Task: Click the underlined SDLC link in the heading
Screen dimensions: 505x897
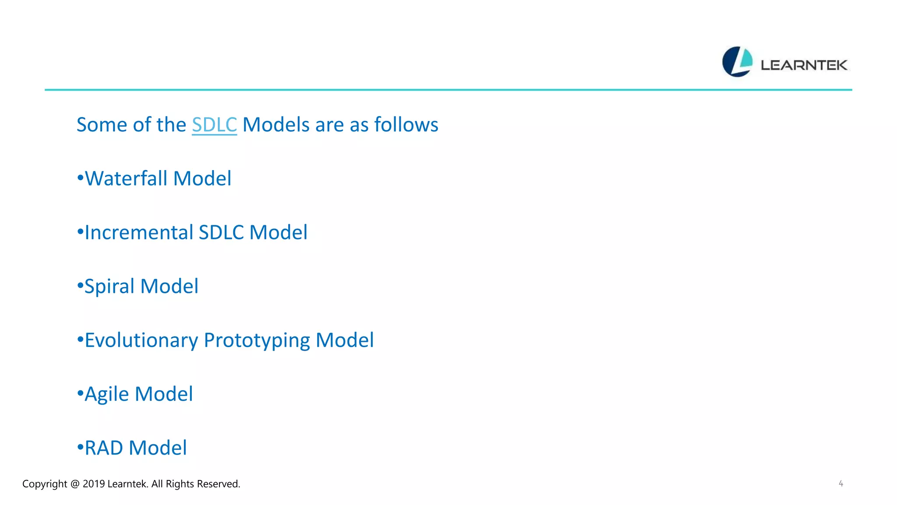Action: (214, 125)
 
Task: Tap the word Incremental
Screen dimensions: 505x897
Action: (139, 233)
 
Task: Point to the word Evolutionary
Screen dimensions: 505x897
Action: (141, 341)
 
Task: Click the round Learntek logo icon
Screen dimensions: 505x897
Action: (737, 62)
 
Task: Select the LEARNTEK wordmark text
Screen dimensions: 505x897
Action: (804, 65)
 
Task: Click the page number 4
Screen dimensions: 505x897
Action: (840, 484)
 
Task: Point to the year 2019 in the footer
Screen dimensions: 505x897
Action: (93, 484)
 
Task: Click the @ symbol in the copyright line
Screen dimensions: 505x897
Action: (74, 484)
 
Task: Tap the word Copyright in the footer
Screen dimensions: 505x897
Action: (45, 484)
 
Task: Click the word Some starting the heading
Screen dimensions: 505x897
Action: (102, 125)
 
